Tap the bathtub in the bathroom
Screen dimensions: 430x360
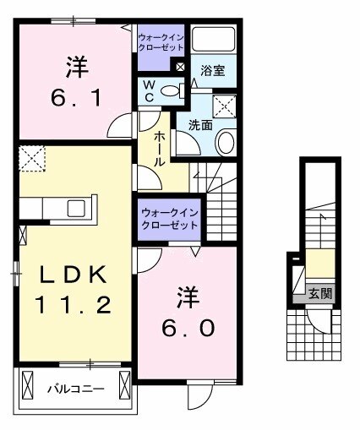point(212,41)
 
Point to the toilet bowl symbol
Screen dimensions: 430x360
point(168,91)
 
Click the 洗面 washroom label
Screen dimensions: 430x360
point(199,124)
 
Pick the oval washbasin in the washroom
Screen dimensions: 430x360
point(226,143)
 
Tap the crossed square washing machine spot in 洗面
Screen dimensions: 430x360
point(225,107)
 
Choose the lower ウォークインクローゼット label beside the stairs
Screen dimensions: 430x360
point(168,219)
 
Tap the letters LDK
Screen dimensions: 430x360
point(71,275)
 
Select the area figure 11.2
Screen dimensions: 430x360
point(72,304)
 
